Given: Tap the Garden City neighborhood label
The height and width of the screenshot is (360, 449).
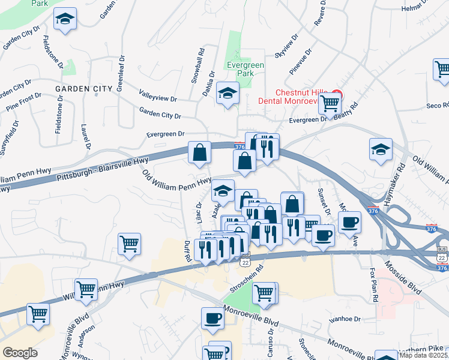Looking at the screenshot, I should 84,89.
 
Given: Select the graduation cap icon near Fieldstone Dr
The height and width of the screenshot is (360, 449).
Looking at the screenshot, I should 65,20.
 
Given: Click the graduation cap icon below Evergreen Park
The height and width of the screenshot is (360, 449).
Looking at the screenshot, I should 228,93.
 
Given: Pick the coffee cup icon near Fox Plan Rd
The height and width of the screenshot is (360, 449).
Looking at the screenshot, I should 349,223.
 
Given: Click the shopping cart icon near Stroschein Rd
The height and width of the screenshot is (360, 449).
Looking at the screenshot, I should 264,293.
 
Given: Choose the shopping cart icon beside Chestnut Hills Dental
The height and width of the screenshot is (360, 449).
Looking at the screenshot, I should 330,103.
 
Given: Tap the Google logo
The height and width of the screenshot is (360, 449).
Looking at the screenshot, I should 20,353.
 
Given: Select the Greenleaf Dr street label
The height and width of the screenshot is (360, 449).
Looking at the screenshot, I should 121,72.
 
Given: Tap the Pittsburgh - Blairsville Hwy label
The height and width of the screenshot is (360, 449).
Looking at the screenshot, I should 103,170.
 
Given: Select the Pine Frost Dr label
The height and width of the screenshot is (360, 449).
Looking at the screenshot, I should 24,101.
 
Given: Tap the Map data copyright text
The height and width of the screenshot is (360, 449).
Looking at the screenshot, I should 423,355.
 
